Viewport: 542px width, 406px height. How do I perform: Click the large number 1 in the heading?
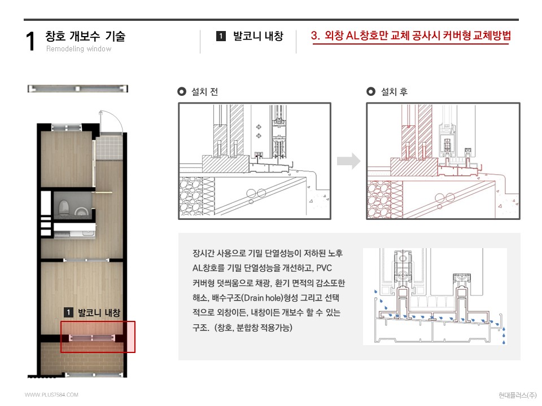(32, 42)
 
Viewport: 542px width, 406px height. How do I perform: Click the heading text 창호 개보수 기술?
(85, 37)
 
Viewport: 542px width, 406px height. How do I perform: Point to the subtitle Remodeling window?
(78, 49)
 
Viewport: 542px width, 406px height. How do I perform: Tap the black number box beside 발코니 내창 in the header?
(221, 37)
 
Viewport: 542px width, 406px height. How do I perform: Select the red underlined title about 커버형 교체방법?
(411, 36)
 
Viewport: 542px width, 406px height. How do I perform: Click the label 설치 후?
(394, 92)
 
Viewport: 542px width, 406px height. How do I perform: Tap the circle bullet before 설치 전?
(182, 92)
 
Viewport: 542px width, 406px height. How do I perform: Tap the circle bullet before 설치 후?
(370, 92)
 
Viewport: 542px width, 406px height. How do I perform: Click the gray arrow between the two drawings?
(348, 161)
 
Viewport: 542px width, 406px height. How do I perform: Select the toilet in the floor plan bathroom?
(64, 207)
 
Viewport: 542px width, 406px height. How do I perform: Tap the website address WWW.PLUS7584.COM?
(51, 395)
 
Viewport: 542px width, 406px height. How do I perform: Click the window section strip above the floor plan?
(77, 89)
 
